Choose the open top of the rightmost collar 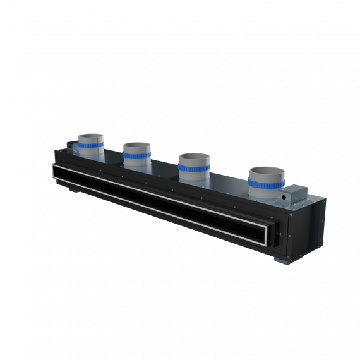[268, 171]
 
